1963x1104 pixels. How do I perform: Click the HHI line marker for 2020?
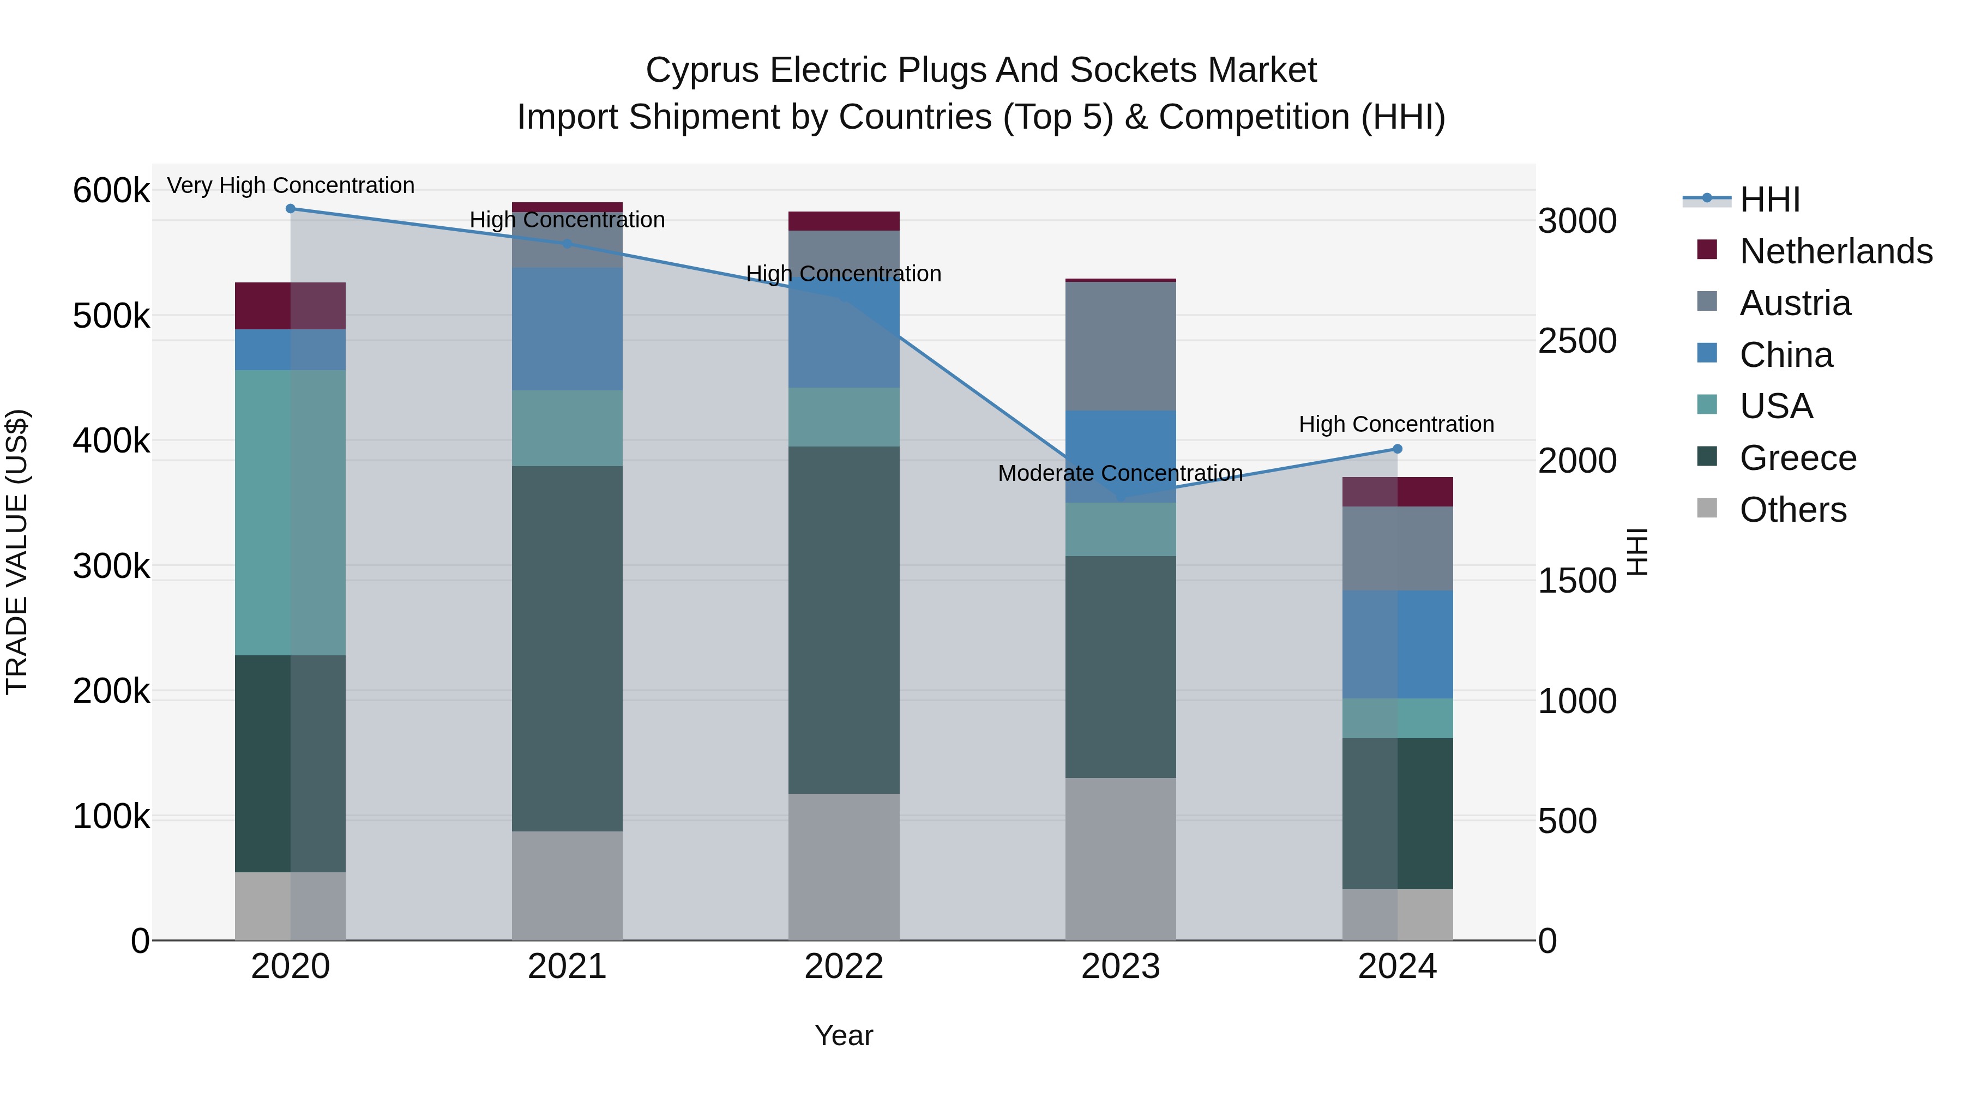[290, 209]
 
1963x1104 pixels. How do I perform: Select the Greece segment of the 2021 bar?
[567, 648]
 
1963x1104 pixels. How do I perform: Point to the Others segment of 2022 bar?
[844, 866]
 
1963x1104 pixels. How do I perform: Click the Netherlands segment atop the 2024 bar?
[1397, 491]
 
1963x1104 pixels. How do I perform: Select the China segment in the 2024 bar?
[1397, 644]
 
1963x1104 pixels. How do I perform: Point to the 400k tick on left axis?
[111, 441]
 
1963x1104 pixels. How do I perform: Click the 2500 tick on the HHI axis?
[1576, 341]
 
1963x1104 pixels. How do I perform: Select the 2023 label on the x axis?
[1120, 967]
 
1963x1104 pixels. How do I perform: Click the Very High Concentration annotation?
[290, 185]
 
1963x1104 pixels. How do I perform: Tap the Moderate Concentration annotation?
[1120, 473]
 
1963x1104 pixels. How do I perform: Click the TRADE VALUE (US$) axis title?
[17, 552]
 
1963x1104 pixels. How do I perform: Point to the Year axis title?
[844, 1035]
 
